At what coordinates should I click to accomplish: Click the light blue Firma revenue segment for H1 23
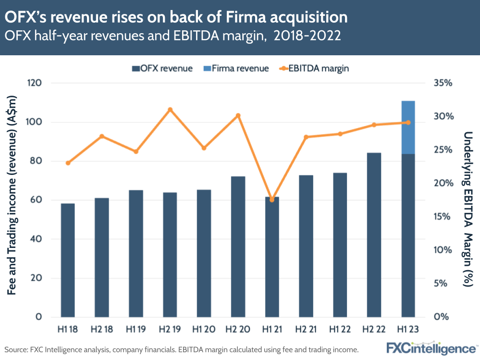tap(408, 127)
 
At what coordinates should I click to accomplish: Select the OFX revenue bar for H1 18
tap(68, 260)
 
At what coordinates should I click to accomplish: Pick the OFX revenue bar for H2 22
tap(374, 235)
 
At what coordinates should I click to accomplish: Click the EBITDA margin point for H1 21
tap(272, 199)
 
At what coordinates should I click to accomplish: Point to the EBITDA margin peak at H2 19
tap(170, 110)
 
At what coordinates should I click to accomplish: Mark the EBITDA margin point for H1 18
tap(68, 163)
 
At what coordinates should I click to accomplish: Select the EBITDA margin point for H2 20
tap(238, 115)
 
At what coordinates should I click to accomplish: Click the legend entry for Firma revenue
tap(242, 68)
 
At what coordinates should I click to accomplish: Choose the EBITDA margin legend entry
tap(314, 68)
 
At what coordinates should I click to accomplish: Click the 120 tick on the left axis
tap(35, 83)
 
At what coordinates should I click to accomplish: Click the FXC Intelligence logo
tap(431, 348)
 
